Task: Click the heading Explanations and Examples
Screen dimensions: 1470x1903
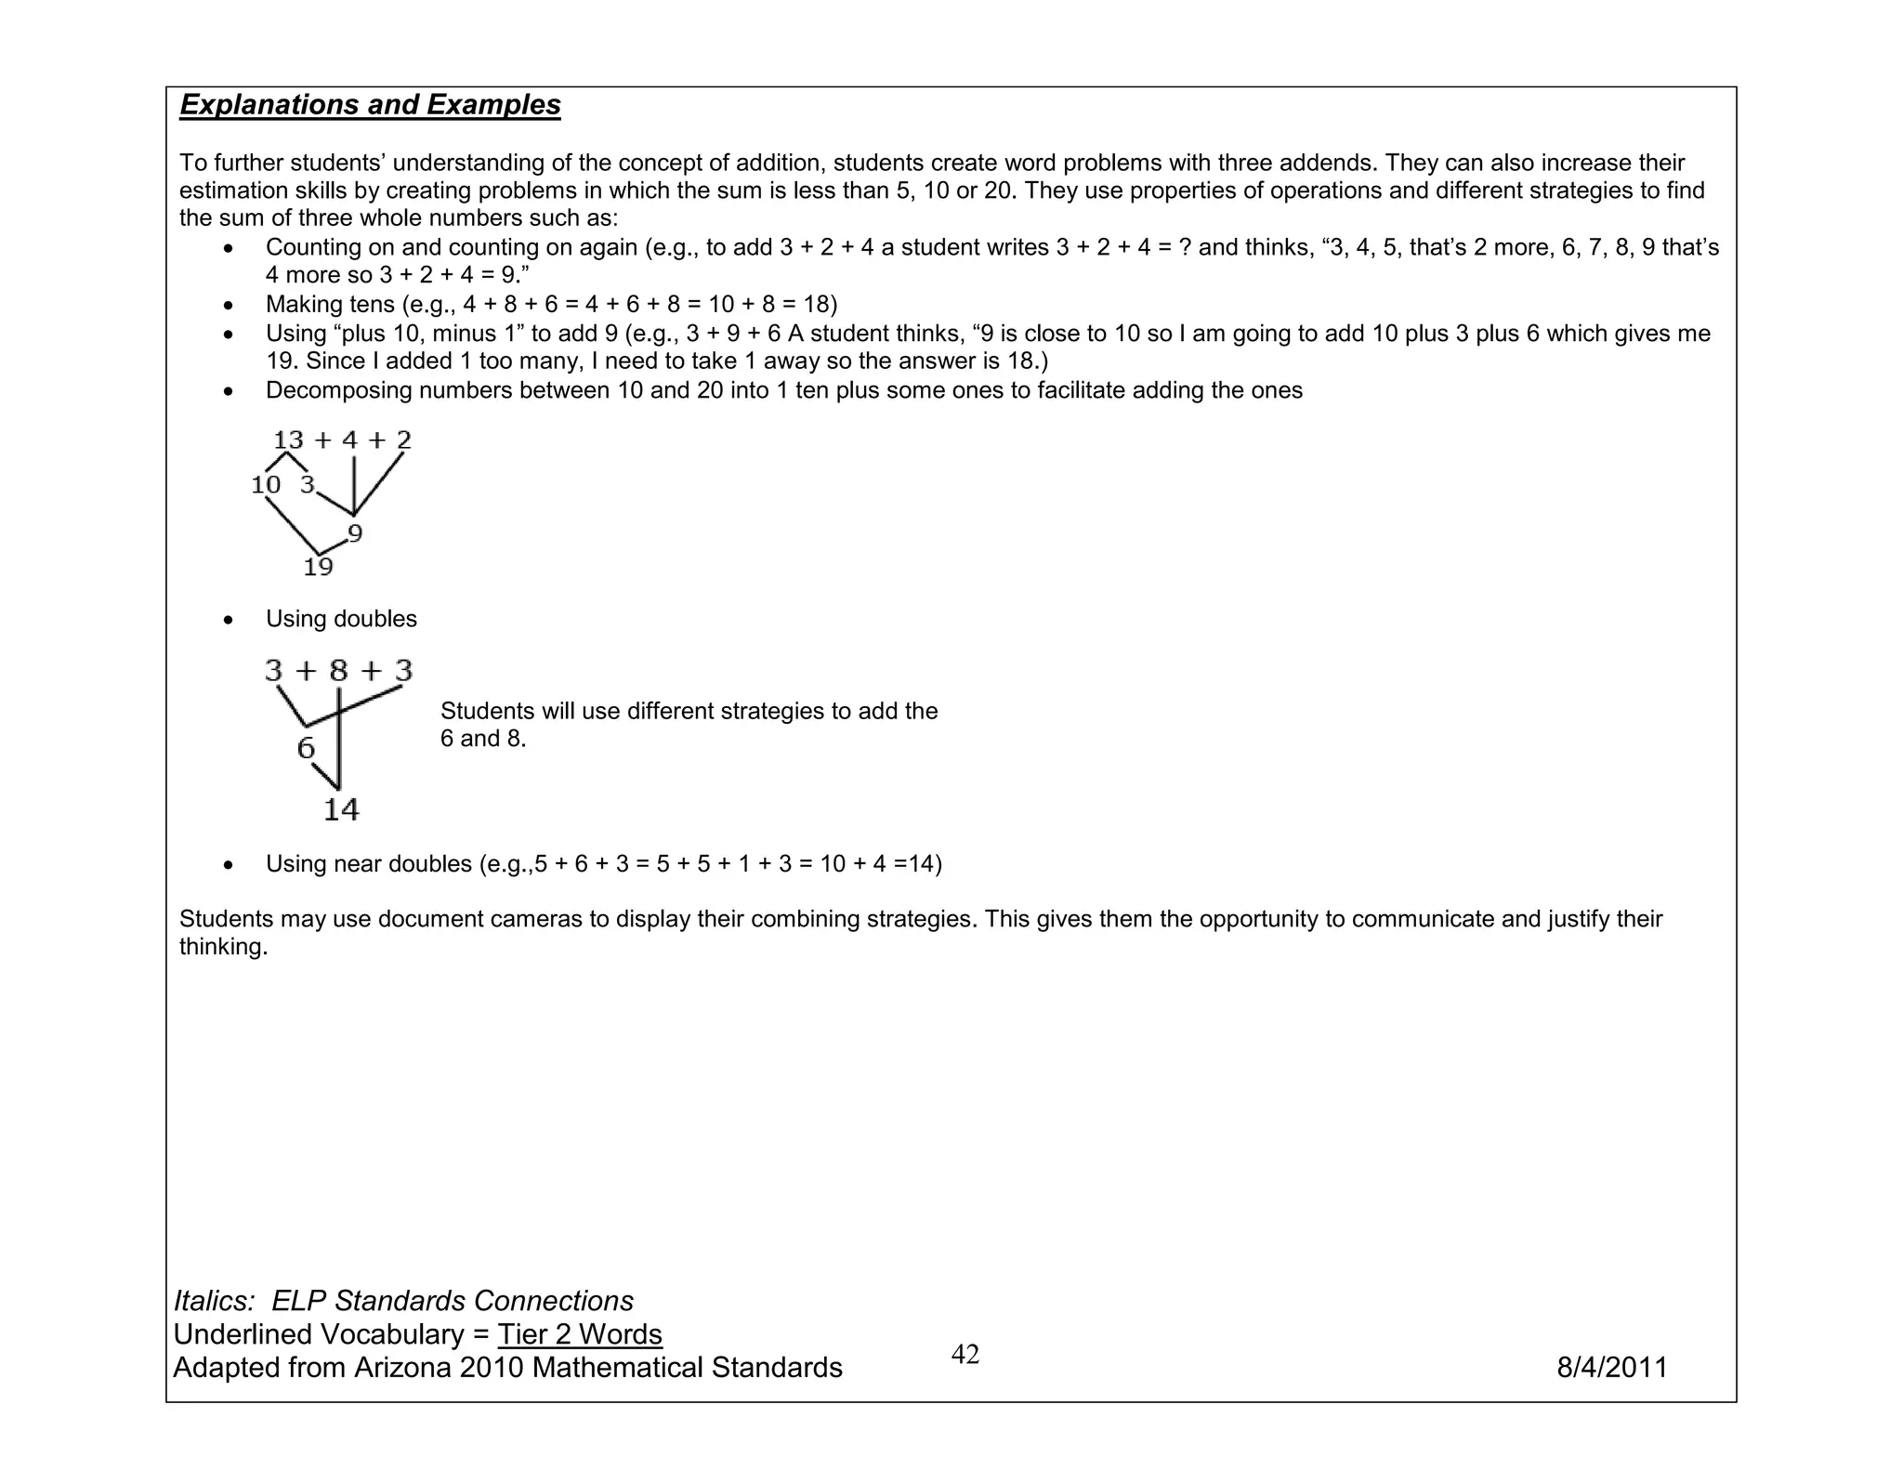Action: point(370,105)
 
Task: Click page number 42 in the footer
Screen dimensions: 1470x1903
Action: point(965,1355)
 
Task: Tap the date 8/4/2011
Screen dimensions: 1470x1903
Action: point(1612,1368)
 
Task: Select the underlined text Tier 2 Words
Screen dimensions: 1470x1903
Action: point(580,1334)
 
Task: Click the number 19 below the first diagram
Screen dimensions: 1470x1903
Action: point(318,567)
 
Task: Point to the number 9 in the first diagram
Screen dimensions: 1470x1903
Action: point(355,533)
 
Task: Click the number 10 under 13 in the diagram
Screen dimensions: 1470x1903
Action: point(266,484)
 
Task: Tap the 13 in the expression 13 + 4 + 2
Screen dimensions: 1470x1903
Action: point(289,440)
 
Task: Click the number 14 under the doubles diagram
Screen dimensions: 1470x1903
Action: point(341,809)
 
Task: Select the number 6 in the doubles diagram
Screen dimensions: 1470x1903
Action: point(306,748)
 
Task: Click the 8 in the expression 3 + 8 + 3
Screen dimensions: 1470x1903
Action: point(339,670)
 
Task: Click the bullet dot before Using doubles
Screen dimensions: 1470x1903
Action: point(229,620)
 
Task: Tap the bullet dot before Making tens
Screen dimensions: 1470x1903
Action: point(229,306)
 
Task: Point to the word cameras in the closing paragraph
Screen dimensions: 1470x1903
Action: point(539,919)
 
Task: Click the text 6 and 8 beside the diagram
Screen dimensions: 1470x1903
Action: point(483,739)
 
